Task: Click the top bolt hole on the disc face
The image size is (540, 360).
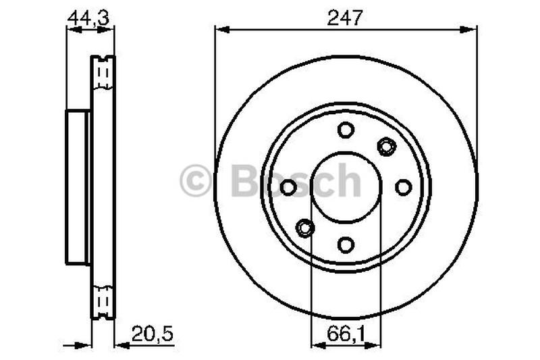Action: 346,130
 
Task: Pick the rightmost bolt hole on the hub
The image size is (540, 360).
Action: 404,187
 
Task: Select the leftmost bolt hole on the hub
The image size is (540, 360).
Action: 288,187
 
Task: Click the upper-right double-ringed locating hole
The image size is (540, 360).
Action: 386,146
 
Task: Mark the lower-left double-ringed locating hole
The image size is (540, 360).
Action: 305,228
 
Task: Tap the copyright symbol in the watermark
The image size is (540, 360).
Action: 196,182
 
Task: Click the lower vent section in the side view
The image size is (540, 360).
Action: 103,301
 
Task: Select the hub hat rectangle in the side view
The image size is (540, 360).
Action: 78,187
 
